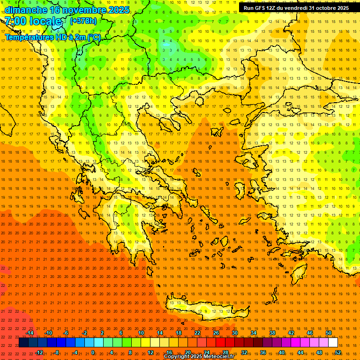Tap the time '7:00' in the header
(15, 22)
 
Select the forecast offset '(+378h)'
(83, 21)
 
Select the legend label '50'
(329, 333)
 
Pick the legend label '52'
(338, 352)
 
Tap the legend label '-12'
(39, 352)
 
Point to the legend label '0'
(93, 352)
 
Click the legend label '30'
(234, 333)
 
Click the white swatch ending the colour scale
(333, 343)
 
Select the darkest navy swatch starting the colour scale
(23, 343)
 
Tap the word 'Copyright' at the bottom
(176, 357)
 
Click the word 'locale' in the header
(45, 22)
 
